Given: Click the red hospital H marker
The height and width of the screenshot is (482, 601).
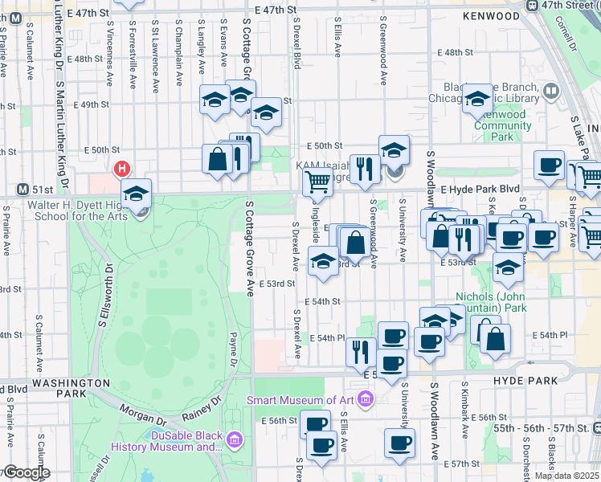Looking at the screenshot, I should (121, 169).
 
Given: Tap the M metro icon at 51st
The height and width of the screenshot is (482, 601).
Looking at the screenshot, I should (23, 190).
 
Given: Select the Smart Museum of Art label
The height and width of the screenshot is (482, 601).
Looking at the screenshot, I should (301, 400).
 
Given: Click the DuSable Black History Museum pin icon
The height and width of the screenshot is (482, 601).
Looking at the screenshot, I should (235, 439).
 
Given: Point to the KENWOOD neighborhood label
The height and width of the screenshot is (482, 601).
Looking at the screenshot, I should (492, 16).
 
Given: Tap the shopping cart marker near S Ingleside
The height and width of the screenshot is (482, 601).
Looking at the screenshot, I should (317, 182).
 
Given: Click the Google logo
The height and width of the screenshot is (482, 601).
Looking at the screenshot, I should (27, 473).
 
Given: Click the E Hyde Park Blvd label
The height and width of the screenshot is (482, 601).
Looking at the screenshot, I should (479, 186).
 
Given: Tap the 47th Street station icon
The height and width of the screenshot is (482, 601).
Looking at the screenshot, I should (531, 5).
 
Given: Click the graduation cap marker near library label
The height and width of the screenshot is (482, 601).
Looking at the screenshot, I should (476, 100).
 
